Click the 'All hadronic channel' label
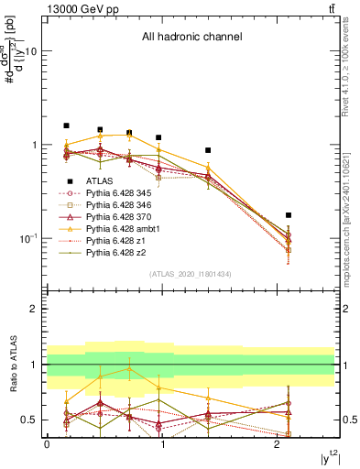pyautogui.click(x=191, y=38)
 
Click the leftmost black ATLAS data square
pyautogui.click(x=66, y=125)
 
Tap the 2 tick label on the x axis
pyautogui.click(x=277, y=444)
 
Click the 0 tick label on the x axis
pyautogui.click(x=47, y=444)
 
